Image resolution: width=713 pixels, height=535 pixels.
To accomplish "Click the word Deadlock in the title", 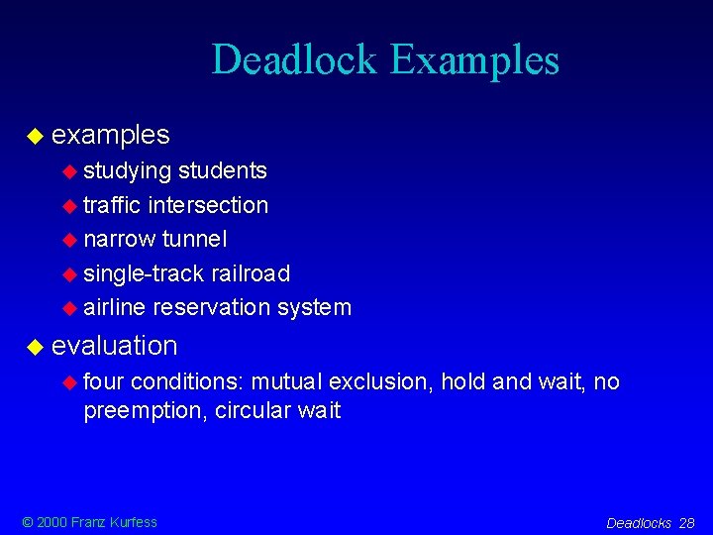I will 294,59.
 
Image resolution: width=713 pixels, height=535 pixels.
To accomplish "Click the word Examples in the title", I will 474,61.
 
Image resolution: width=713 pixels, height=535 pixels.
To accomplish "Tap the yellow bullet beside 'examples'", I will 35,135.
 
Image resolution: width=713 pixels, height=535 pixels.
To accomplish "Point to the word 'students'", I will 223,170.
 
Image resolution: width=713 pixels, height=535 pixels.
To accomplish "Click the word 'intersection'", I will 208,205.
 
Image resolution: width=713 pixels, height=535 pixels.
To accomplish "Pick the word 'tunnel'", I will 194,239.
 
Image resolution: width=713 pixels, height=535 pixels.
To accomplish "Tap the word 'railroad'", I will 252,272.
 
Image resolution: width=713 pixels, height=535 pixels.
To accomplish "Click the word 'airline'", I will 115,307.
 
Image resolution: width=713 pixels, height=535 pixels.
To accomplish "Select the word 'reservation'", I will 212,307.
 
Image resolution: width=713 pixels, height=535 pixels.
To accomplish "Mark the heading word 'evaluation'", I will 115,346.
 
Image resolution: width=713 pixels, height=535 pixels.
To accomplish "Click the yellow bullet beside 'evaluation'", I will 35,347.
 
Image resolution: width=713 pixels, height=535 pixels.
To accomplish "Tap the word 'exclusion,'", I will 380,381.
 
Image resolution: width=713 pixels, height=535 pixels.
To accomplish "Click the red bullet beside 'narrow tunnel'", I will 69,240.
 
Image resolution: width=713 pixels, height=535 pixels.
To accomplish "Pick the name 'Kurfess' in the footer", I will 133,522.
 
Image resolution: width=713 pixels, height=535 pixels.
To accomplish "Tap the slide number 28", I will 686,523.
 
